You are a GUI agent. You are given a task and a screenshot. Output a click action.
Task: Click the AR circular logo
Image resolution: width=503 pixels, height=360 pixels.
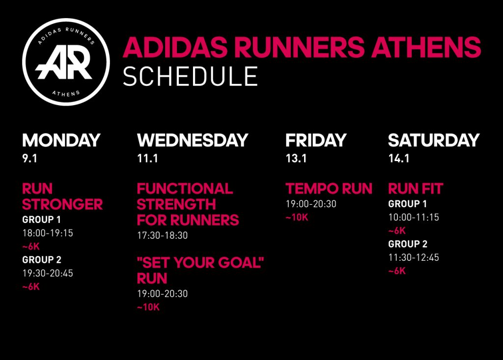pyautogui.click(x=66, y=62)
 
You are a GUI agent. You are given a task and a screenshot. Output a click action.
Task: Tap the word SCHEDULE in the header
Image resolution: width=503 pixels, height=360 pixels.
pyautogui.click(x=191, y=76)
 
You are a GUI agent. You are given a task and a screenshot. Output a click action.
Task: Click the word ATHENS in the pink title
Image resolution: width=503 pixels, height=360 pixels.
pyautogui.click(x=426, y=47)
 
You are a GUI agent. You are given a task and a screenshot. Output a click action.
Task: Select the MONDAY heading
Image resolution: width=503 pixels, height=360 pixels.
pyautogui.click(x=61, y=140)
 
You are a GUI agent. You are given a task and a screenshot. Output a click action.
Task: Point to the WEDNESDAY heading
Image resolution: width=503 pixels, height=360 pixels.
pyautogui.click(x=193, y=140)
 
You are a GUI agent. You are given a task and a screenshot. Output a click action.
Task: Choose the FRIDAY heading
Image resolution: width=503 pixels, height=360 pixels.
pyautogui.click(x=316, y=140)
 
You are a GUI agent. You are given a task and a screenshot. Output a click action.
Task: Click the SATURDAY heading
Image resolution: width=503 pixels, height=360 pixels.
pyautogui.click(x=434, y=140)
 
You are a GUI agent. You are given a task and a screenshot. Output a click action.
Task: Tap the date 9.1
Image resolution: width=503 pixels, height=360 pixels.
pyautogui.click(x=29, y=159)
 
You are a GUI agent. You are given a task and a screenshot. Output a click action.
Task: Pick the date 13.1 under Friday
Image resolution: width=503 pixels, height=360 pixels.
pyautogui.click(x=296, y=159)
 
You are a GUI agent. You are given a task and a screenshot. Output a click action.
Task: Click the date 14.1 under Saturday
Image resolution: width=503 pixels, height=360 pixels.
pyautogui.click(x=399, y=159)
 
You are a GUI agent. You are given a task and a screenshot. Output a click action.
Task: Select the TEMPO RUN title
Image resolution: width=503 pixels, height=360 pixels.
pyautogui.click(x=329, y=189)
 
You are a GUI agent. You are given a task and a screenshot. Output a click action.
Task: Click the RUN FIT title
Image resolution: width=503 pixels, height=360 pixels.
pyautogui.click(x=416, y=189)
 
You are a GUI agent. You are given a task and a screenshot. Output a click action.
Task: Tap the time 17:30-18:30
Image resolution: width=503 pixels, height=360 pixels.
pyautogui.click(x=162, y=236)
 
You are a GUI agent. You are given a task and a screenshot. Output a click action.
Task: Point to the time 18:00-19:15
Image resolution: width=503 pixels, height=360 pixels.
pyautogui.click(x=48, y=233)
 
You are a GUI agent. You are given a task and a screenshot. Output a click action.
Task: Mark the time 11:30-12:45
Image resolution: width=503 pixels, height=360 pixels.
pyautogui.click(x=414, y=257)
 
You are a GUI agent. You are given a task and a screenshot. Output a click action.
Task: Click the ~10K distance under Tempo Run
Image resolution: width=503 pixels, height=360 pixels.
pyautogui.click(x=297, y=218)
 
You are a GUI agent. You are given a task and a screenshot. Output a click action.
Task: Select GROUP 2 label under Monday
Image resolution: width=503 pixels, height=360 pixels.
pyautogui.click(x=42, y=260)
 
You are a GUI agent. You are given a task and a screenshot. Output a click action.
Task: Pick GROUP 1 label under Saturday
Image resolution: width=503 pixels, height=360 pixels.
pyautogui.click(x=407, y=204)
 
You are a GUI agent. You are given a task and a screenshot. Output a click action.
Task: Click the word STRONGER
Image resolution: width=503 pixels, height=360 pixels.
pyautogui.click(x=62, y=204)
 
